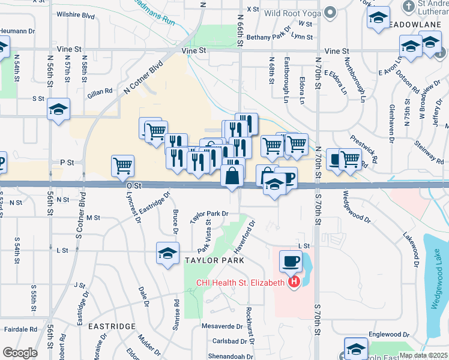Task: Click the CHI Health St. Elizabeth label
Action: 238,283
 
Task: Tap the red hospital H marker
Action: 294,282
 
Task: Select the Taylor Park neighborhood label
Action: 214,260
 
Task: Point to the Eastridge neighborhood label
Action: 112,326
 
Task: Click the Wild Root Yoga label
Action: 290,13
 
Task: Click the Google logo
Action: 20,353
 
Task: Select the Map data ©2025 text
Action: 423,355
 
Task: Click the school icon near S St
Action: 59,109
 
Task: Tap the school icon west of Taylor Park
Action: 167,253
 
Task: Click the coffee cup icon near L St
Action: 291,261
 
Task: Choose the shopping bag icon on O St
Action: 232,176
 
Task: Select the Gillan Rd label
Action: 100,91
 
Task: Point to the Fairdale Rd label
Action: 20,329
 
